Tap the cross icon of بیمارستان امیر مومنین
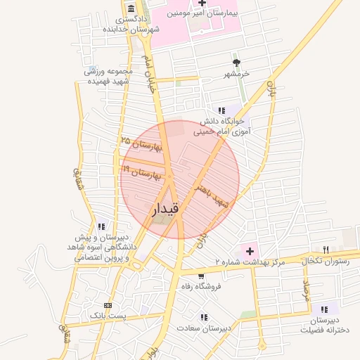202,4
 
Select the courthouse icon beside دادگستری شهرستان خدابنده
131,8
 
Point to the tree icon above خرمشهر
236,63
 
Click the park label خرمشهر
237,74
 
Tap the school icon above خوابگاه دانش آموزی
222,110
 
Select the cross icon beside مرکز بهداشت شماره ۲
249,250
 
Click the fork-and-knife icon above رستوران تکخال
326,249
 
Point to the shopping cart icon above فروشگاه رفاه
202,276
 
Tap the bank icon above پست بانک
108,306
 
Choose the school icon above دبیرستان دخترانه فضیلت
324,309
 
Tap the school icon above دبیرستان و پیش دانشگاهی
102,226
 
